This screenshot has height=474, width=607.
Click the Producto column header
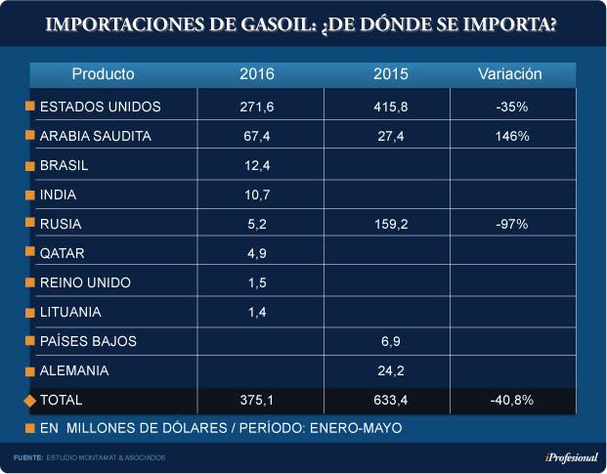coord(104,73)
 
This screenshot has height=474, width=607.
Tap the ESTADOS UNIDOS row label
coord(100,106)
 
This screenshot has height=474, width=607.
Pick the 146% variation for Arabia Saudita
coord(511,136)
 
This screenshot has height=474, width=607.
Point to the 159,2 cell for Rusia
coord(391,224)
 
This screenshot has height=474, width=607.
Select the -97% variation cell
coord(511,224)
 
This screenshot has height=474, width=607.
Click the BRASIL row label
coord(65,165)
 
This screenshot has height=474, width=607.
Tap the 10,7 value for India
coord(258,194)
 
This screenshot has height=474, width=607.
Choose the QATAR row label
coord(63,253)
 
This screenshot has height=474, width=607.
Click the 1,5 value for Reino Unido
coord(258,282)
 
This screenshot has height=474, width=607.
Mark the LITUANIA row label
coord(70,312)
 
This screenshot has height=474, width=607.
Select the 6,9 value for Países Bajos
coord(391,341)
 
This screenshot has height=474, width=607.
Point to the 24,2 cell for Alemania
coord(391,370)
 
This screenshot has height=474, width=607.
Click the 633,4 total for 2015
coord(391,400)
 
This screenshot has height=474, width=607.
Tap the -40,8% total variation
coord(511,400)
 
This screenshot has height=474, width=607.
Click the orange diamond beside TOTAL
coord(29,400)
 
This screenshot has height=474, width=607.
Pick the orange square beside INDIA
coord(29,195)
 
